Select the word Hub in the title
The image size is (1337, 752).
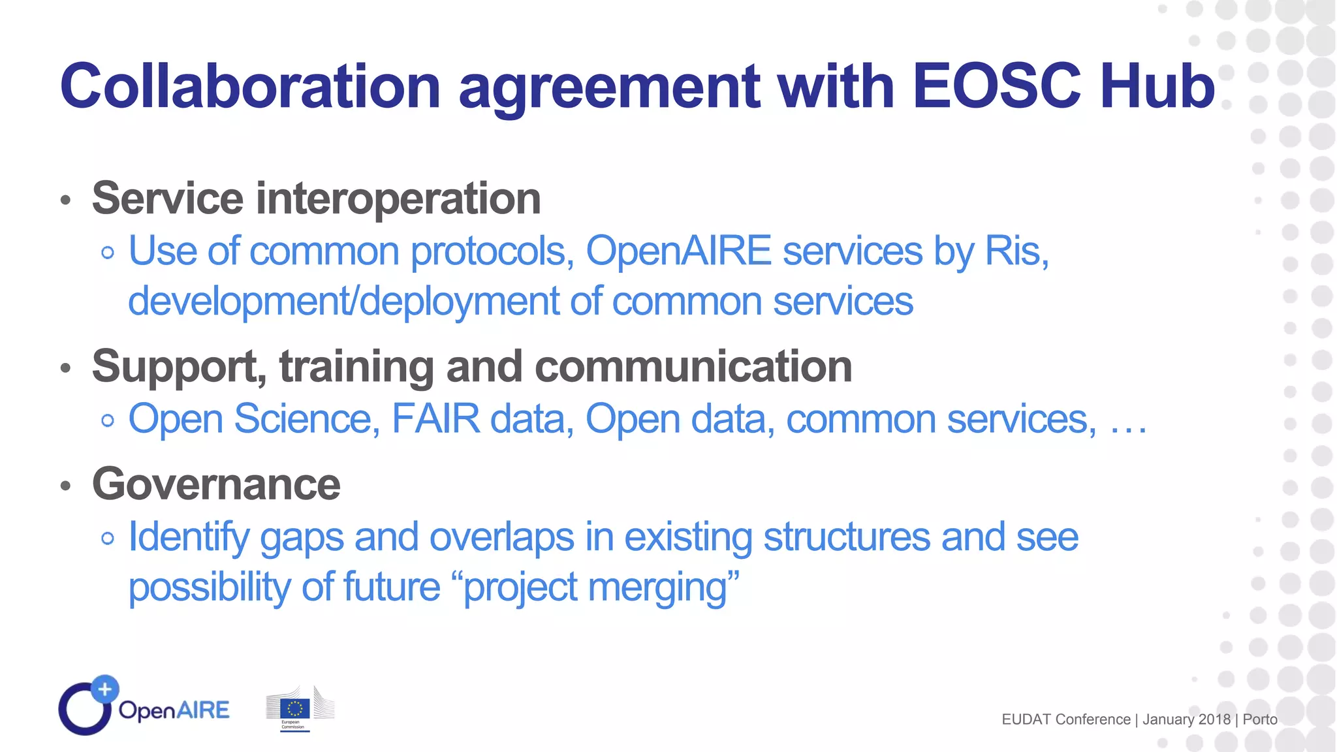pos(1157,86)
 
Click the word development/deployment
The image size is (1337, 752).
pos(343,302)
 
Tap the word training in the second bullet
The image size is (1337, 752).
pos(357,367)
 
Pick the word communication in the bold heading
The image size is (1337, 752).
pos(693,367)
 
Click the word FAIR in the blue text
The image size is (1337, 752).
pos(435,419)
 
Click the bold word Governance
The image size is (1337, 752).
pos(216,484)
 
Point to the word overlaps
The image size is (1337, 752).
pos(501,537)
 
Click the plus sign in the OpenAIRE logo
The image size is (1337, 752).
pos(104,689)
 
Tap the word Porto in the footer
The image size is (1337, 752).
pos(1260,719)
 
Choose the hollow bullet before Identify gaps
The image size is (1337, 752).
pos(108,539)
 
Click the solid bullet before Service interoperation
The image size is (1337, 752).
pos(65,200)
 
